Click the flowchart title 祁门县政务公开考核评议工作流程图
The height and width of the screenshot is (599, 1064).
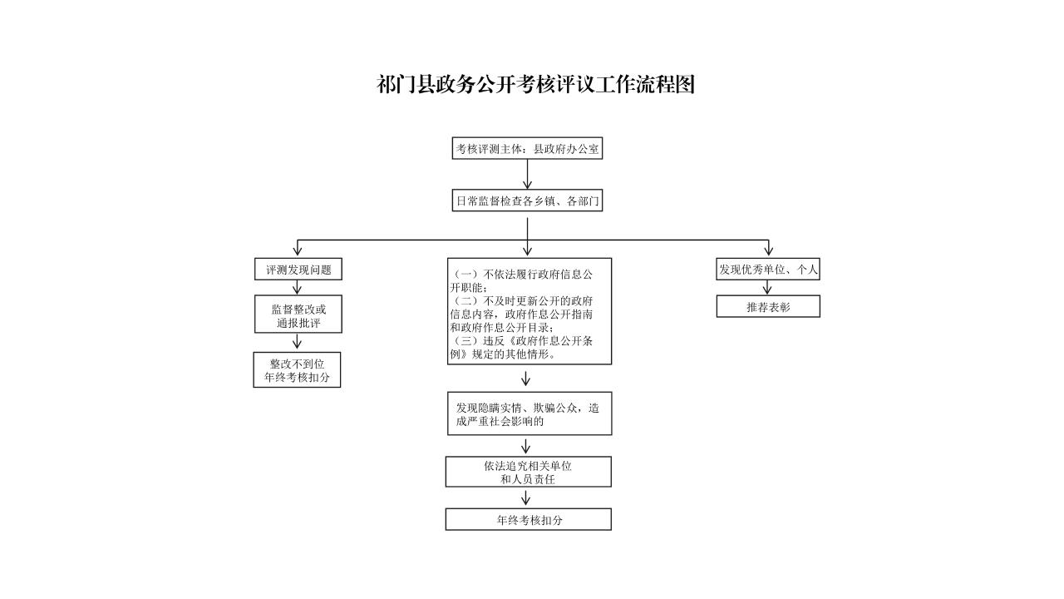(x=535, y=84)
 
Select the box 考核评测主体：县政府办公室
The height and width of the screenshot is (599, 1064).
(x=527, y=149)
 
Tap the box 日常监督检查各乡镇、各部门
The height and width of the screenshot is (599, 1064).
(x=527, y=200)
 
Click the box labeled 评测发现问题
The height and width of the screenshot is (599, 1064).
(x=298, y=270)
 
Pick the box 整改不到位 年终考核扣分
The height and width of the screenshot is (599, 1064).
(x=298, y=370)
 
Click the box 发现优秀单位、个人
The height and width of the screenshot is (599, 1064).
(x=768, y=270)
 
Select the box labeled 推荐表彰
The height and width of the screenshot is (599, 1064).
(x=768, y=307)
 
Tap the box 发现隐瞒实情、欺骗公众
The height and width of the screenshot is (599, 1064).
(x=529, y=413)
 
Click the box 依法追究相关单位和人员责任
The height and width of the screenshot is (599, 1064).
(x=528, y=472)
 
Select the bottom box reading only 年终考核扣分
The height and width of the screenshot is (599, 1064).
(x=528, y=520)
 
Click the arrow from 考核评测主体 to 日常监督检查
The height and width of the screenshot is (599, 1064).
(x=527, y=175)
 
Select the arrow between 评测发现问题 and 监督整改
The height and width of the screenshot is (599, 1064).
(x=298, y=288)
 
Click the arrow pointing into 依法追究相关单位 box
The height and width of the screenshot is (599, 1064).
(x=526, y=447)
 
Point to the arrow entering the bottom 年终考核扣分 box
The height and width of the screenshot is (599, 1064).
(x=526, y=498)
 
